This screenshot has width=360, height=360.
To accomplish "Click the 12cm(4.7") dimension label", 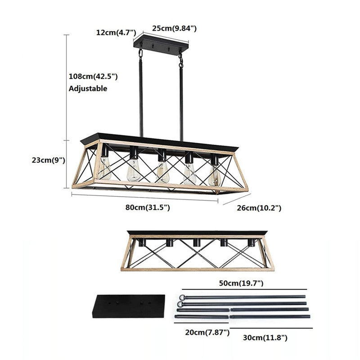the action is tap(116, 32).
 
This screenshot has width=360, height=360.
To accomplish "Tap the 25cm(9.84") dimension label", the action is tap(174, 28).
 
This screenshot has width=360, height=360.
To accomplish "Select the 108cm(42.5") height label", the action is tap(93, 76).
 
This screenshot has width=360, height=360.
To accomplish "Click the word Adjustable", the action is tap(88, 89).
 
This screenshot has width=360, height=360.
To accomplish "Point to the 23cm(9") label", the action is tap(49, 160).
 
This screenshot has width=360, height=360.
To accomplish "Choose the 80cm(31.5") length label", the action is tap(148, 207).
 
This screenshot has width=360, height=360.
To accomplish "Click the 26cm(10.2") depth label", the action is tap(259, 208).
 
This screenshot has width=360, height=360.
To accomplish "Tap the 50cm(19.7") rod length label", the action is tap(241, 283).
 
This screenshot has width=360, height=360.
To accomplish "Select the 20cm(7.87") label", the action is tap(207, 332).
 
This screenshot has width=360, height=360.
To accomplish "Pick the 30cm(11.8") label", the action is tap(265, 337).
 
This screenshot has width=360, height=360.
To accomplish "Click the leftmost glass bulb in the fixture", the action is tap(104, 168).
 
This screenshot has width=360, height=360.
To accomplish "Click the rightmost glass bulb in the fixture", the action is tap(215, 175).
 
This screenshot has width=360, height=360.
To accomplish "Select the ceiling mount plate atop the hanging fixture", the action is tap(161, 45).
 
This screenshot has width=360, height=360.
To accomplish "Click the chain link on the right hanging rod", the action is tap(181, 60).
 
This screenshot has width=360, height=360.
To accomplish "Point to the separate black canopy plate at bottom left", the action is tap(129, 306).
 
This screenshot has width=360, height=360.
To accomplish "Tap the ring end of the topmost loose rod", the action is tap(182, 297).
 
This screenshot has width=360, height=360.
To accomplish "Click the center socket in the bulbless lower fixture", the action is tap(196, 243).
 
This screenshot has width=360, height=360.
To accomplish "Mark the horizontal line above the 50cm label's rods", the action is tap(244, 289).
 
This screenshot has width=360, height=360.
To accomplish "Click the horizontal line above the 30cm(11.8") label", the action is tap(271, 328).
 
